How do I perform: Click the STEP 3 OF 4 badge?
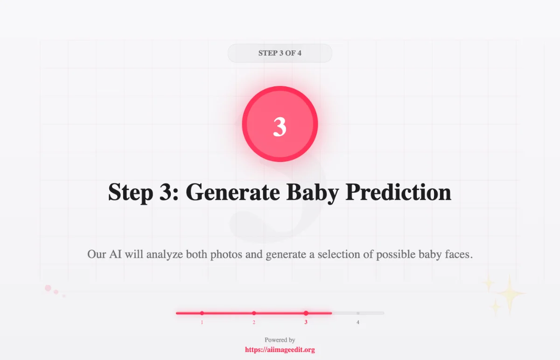tap(280, 53)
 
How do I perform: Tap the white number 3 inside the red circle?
tap(280, 127)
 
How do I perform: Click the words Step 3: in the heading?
tap(143, 192)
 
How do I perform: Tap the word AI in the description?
tap(115, 254)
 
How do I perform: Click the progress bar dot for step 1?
tap(202, 313)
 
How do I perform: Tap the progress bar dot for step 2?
tap(254, 313)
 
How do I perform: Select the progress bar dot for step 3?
tap(306, 313)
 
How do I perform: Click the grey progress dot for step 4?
tap(358, 313)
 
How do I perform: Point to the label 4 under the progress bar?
tap(358, 322)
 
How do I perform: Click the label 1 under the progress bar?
tap(202, 322)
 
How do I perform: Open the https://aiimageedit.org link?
tap(280, 350)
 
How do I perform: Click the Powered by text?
tap(280, 340)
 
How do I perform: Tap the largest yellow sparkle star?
tap(510, 294)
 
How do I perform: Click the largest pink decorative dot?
tap(48, 288)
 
